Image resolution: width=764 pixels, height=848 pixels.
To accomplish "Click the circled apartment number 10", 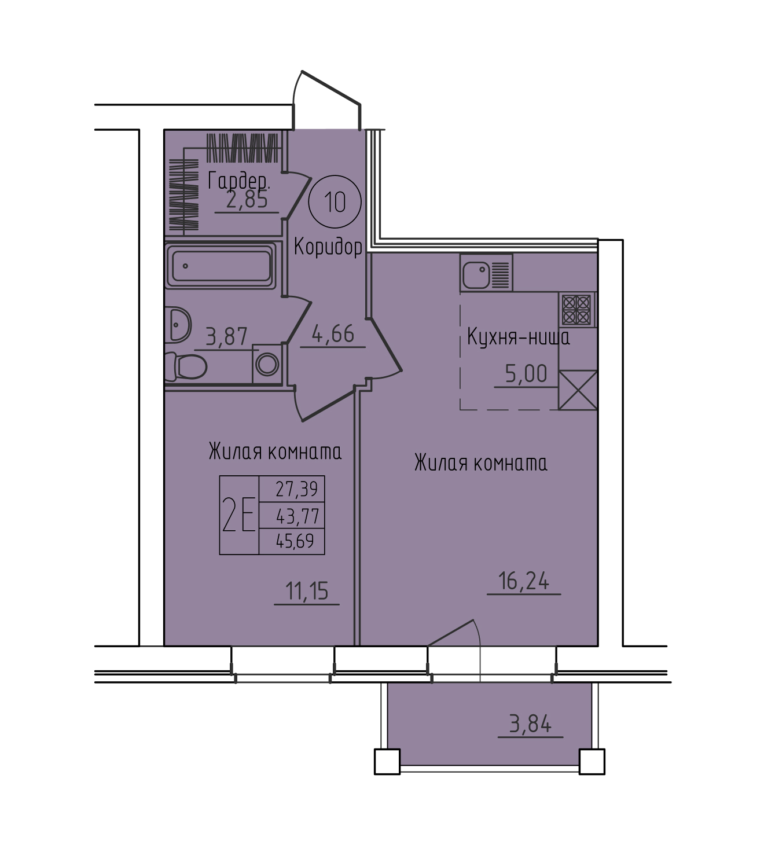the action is [335, 202].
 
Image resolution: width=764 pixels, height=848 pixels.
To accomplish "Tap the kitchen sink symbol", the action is [486, 273].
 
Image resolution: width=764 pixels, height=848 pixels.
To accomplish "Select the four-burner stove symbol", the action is [576, 310].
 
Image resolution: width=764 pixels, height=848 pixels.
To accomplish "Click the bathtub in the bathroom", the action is [221, 266].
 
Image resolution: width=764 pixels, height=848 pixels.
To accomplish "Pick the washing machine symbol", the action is [267, 365].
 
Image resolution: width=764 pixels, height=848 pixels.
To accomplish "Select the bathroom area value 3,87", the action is [226, 337].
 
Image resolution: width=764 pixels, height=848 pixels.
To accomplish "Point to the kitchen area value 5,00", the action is [526, 373].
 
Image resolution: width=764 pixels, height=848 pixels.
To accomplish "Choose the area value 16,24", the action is [524, 581].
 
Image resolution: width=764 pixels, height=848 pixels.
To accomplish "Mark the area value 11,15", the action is [307, 590].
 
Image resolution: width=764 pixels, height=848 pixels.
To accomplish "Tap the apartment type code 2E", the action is [239, 515].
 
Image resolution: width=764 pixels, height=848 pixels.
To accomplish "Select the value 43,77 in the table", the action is [297, 516].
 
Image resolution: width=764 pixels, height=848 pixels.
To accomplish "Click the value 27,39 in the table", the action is [296, 489].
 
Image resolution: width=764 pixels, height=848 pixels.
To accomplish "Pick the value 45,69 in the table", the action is [295, 541].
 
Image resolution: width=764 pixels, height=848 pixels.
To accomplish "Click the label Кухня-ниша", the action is [519, 337].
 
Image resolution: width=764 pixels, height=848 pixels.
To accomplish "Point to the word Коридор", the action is [328, 247].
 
